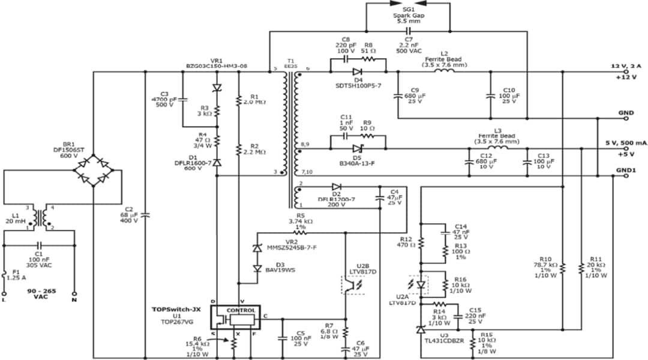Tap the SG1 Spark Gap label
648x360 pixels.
coord(408,14)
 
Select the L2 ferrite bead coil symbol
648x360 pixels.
coord(444,73)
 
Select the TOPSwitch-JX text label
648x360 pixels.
coord(178,310)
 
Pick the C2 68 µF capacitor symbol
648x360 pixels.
coord(145,214)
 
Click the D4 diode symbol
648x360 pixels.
coord(358,73)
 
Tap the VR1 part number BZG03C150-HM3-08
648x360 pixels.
coord(217,66)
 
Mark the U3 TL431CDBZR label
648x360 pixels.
coord(445,339)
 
